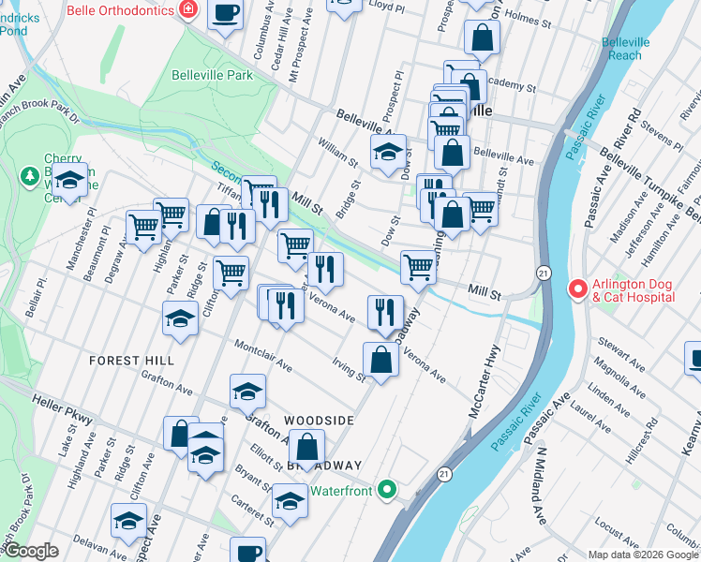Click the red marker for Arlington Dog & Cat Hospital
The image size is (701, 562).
(x=577, y=290)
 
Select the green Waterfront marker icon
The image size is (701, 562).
(x=386, y=490)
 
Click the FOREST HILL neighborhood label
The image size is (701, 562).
(x=132, y=361)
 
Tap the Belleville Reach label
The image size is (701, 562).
(x=626, y=49)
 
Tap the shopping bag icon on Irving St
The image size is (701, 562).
(x=380, y=361)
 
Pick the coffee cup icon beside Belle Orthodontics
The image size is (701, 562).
(x=225, y=13)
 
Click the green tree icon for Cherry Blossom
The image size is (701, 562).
(x=30, y=175)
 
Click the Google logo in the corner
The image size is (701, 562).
(x=30, y=551)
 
